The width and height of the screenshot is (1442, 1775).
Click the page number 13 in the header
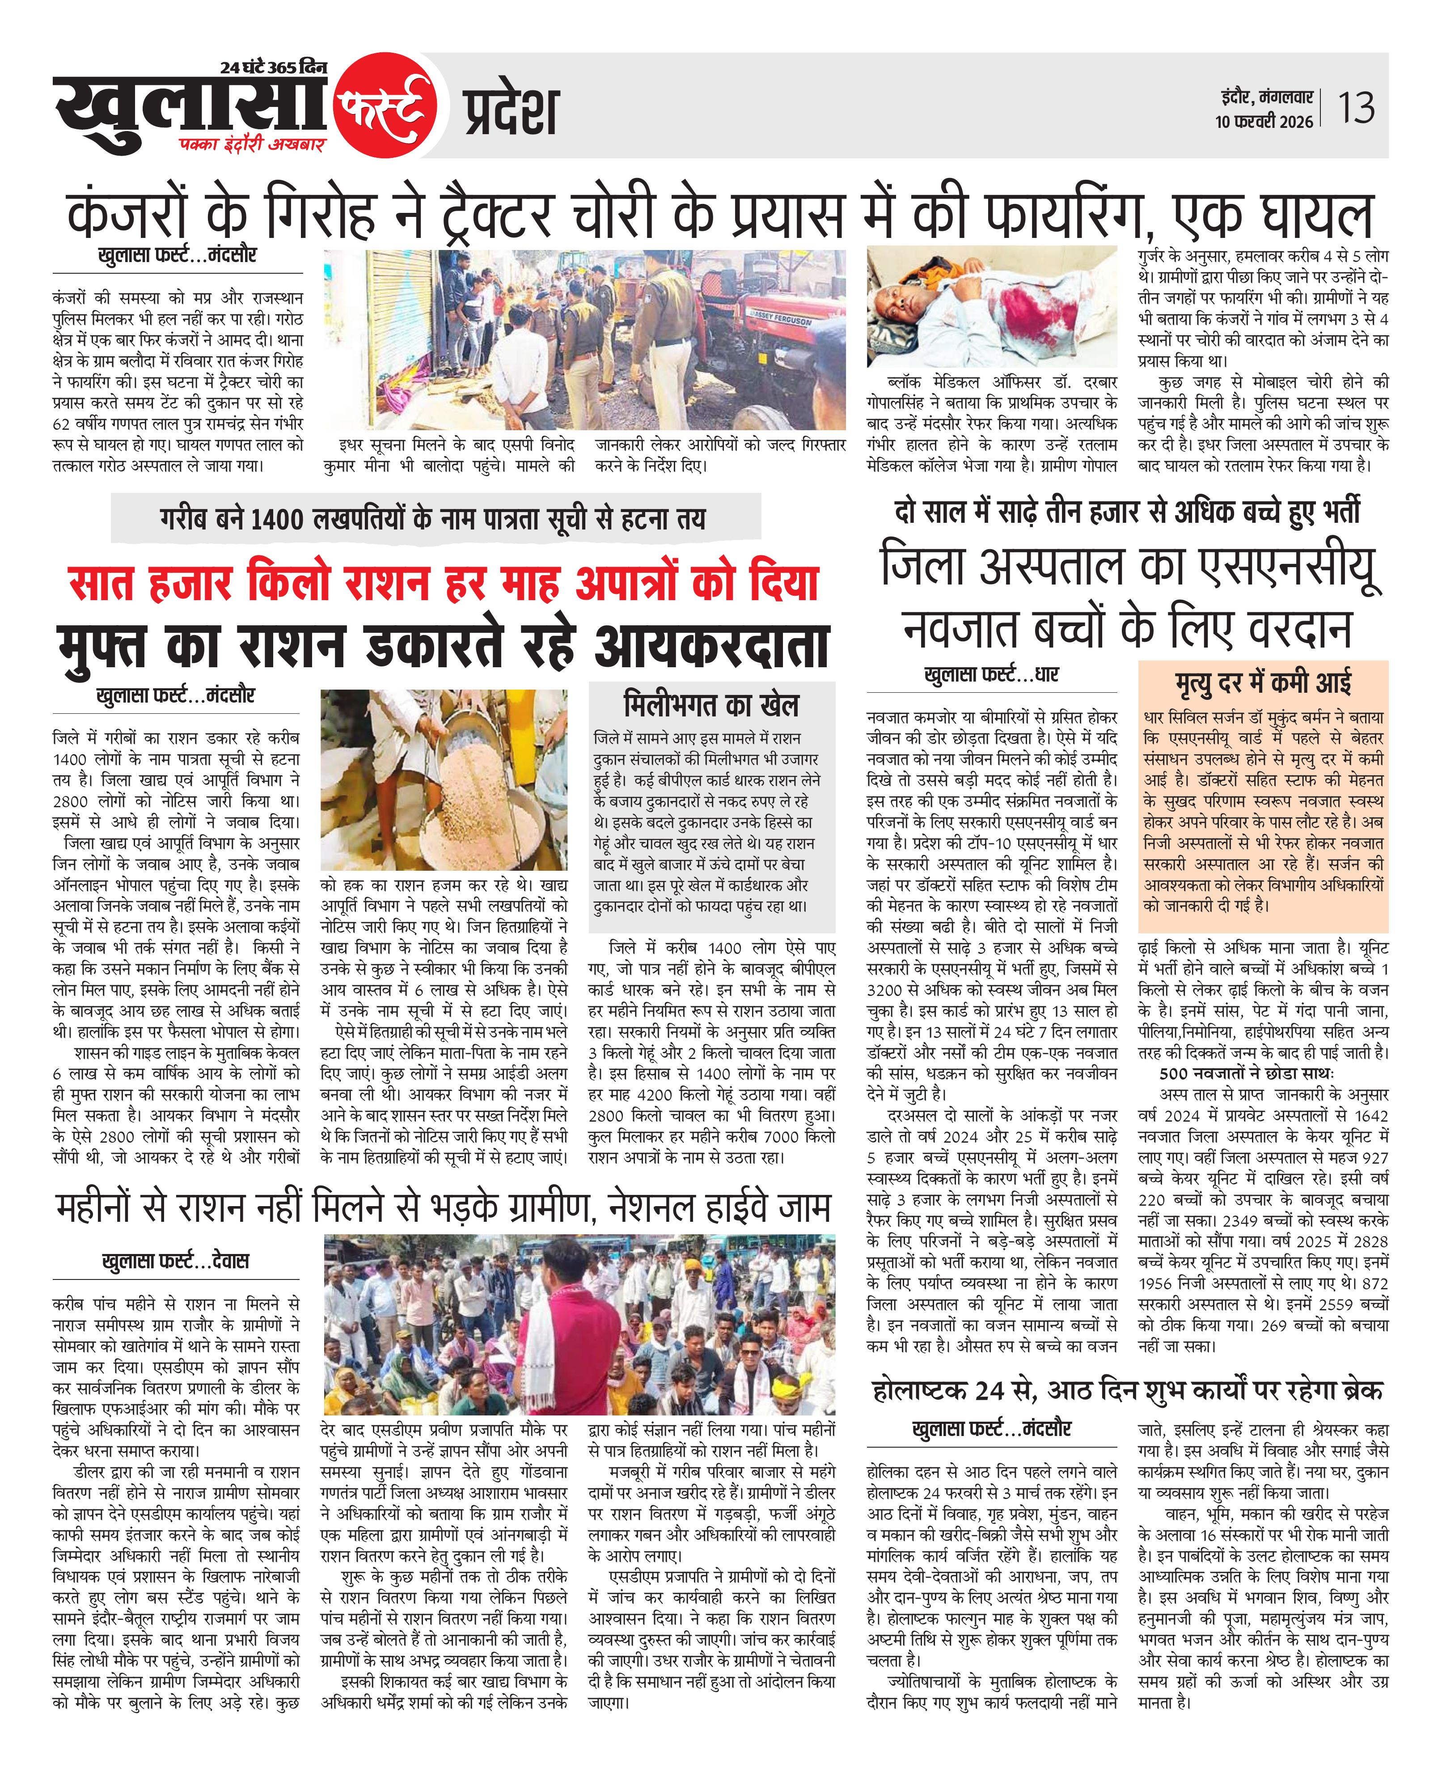1356,108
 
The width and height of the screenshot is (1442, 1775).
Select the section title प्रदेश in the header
510,110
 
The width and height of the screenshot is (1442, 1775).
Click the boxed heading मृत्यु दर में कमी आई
1263,683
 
